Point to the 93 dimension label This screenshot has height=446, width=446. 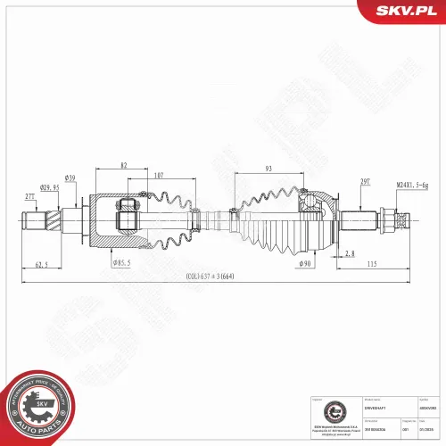[x=268, y=170]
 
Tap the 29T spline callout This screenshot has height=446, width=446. [x=365, y=181]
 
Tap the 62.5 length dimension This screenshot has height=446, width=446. [x=41, y=265]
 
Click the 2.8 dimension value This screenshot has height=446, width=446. [x=349, y=254]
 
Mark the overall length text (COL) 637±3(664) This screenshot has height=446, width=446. [x=211, y=277]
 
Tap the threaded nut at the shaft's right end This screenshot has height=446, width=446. [x=389, y=219]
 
